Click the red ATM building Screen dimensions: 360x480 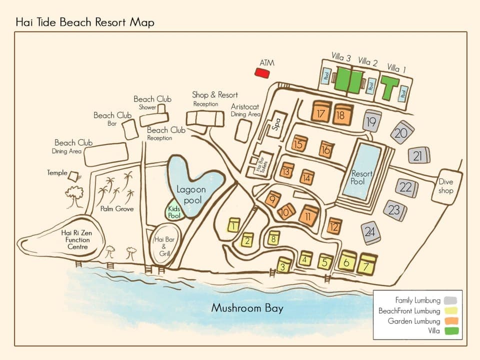262,72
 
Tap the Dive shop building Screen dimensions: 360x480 445,186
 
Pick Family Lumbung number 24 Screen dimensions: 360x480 370,232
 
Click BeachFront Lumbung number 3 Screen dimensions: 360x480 284,265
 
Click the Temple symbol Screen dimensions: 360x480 74,176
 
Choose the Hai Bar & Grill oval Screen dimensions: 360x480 162,246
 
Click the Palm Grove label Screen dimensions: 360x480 116,208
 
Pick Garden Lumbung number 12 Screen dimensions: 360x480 334,226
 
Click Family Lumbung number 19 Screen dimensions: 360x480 372,121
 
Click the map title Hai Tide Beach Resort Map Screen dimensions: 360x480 85,22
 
